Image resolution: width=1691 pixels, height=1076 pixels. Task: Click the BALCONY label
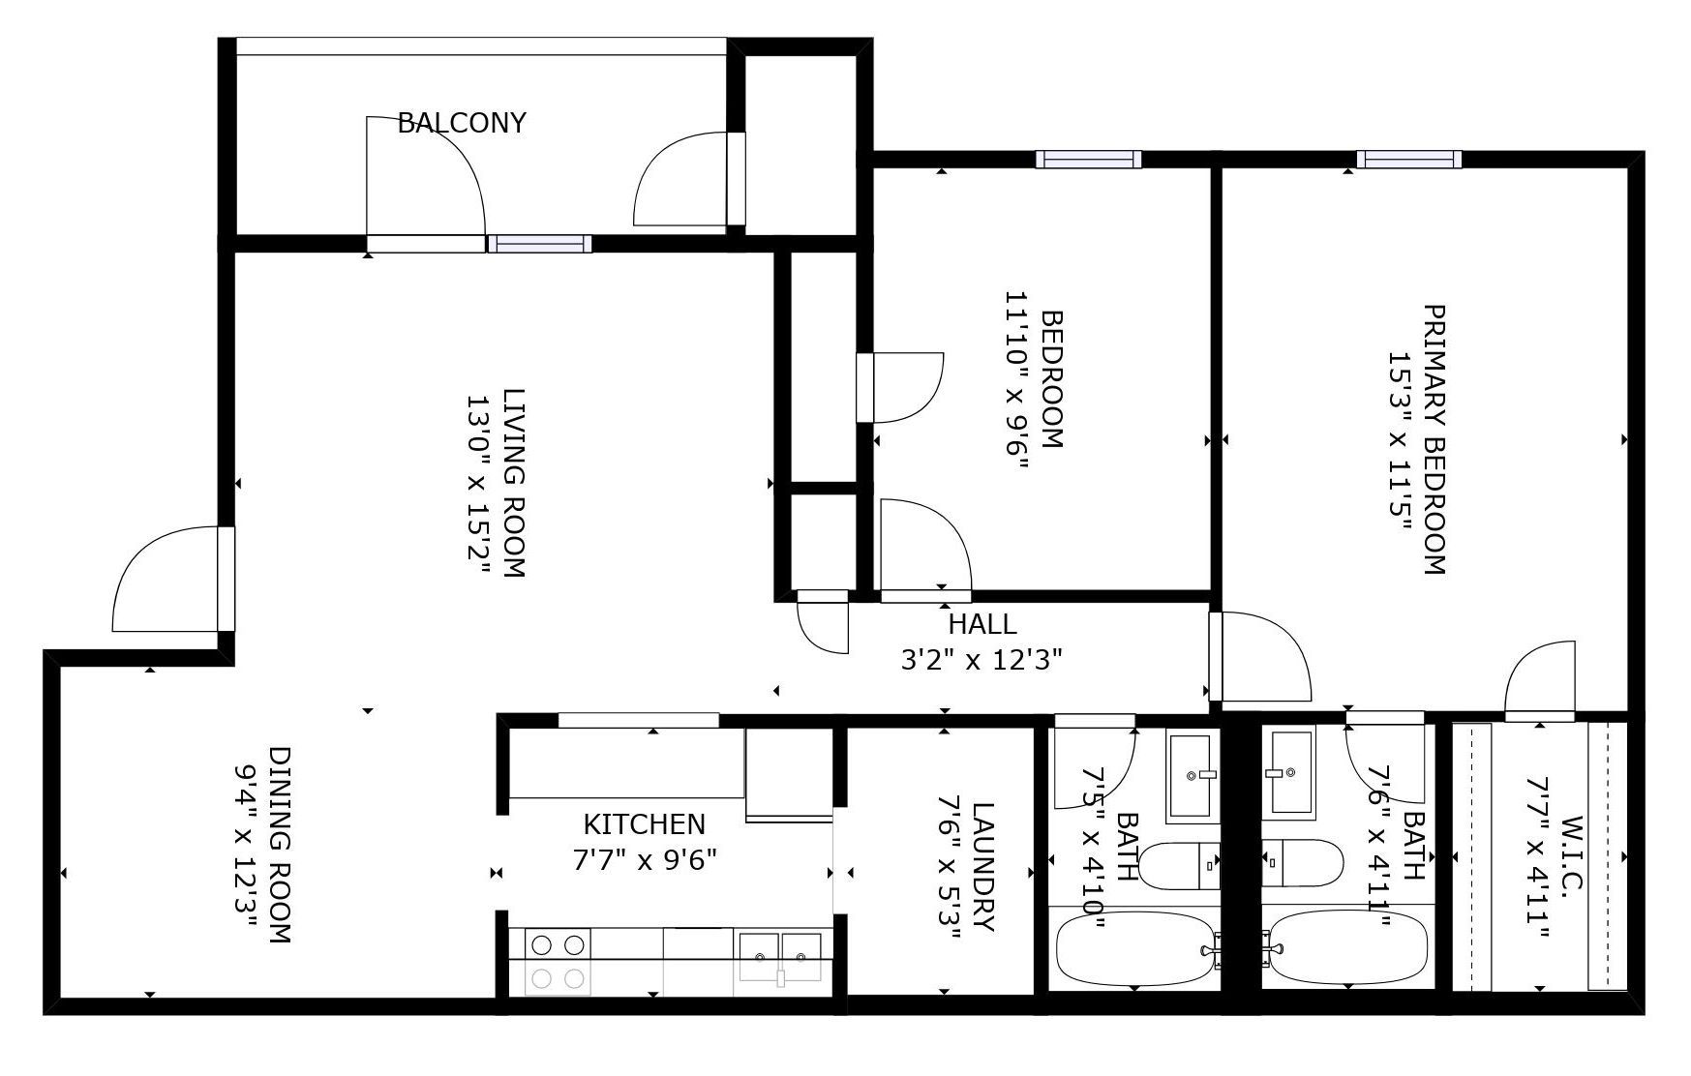(462, 123)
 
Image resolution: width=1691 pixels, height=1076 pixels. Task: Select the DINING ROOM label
(280, 844)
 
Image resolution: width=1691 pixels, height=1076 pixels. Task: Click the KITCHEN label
(644, 824)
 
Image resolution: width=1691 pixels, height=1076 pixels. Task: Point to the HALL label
(981, 624)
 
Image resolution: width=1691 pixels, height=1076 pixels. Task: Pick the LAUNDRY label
(982, 866)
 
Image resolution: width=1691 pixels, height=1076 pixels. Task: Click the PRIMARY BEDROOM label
(1434, 440)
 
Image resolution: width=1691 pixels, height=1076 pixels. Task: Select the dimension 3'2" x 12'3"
(981, 660)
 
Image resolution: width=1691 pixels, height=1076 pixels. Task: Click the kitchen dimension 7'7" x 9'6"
(644, 859)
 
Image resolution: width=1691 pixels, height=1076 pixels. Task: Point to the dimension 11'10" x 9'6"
(1015, 379)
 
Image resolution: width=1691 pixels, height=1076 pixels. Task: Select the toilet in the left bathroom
(1179, 865)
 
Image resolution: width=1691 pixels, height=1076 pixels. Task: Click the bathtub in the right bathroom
(1347, 948)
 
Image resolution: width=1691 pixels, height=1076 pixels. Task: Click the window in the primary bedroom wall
(1408, 160)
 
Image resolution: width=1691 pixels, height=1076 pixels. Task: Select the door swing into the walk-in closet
(1540, 680)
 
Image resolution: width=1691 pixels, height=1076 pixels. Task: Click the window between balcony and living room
(539, 244)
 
